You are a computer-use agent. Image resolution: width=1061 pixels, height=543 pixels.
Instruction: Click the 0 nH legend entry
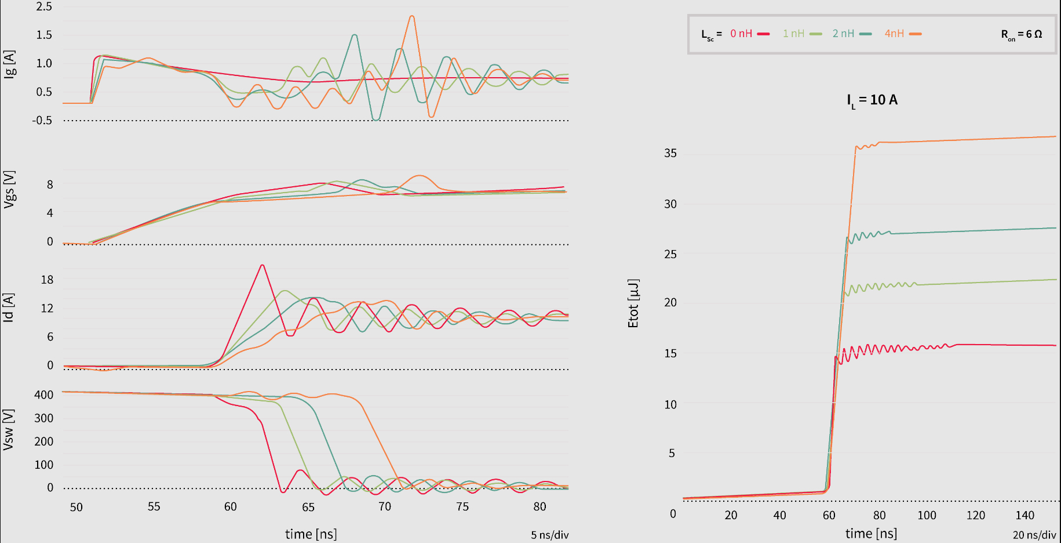pos(749,34)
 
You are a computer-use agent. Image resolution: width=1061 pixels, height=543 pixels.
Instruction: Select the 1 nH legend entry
pos(801,34)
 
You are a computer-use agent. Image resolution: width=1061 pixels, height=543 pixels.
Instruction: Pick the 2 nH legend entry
pos(851,34)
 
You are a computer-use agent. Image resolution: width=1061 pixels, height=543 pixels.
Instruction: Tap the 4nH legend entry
pos(902,34)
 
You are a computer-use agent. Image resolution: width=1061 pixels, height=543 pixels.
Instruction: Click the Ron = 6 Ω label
pos(1021,35)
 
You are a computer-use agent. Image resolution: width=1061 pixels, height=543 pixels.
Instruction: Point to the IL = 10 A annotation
pos(872,100)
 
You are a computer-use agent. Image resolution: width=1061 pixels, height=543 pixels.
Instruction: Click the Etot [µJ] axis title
pos(633,303)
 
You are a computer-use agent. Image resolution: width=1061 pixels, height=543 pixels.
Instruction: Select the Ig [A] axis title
pos(9,64)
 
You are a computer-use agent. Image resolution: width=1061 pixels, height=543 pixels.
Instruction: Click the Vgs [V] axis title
pos(9,189)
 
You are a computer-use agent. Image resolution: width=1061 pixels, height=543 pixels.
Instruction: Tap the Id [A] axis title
pos(8,307)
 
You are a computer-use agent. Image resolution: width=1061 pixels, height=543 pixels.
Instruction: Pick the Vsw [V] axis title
pos(8,429)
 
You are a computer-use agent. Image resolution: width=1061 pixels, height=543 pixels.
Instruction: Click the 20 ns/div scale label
pos(1034,535)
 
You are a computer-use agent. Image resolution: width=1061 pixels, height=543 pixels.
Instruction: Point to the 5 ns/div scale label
pos(549,535)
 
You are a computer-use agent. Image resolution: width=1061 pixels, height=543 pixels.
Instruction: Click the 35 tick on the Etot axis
pos(670,153)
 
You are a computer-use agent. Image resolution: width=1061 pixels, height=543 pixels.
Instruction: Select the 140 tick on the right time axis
pos(1024,515)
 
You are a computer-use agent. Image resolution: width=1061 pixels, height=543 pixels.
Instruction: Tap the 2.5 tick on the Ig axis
pos(44,7)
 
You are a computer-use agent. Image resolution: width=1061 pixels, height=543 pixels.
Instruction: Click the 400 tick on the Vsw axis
pos(44,395)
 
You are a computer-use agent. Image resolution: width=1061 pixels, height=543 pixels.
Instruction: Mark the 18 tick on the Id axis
pos(47,280)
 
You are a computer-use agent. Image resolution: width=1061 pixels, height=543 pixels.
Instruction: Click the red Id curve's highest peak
pos(262,265)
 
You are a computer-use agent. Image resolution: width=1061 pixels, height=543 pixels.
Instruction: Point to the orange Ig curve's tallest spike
pos(411,16)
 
